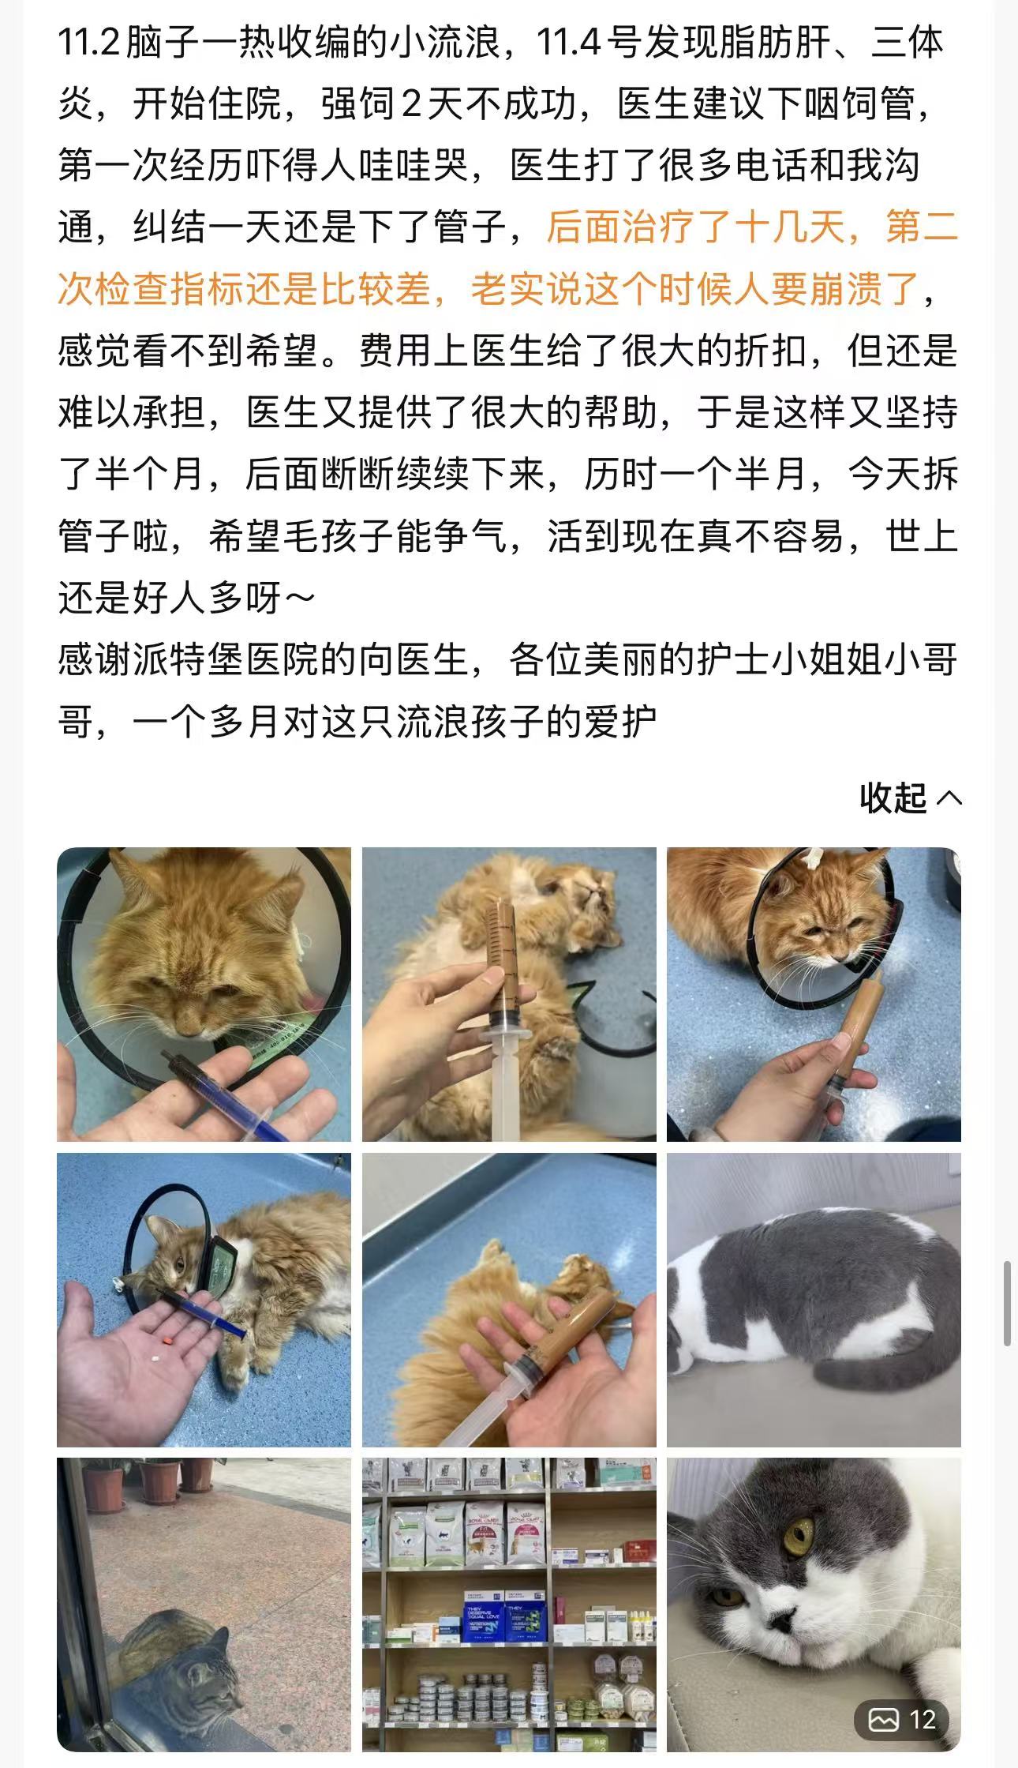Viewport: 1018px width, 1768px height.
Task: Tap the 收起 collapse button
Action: click(911, 798)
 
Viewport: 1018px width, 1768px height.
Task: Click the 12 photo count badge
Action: click(901, 1719)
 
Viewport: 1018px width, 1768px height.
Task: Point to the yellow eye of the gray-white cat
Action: click(799, 1535)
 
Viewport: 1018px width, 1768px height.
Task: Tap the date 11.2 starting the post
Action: click(88, 41)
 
